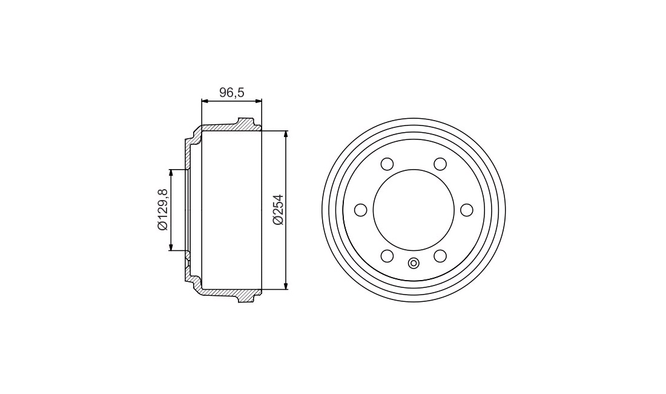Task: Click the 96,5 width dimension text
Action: (231, 92)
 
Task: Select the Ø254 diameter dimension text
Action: (279, 210)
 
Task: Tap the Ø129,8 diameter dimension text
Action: (163, 210)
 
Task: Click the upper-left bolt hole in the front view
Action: (387, 164)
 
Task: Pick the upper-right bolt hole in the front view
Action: (440, 164)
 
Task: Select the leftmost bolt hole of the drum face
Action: (361, 210)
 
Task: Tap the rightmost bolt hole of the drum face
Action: (467, 210)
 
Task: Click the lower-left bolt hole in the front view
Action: (387, 256)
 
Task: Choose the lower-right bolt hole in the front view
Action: (440, 256)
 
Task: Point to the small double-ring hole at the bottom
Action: (414, 264)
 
